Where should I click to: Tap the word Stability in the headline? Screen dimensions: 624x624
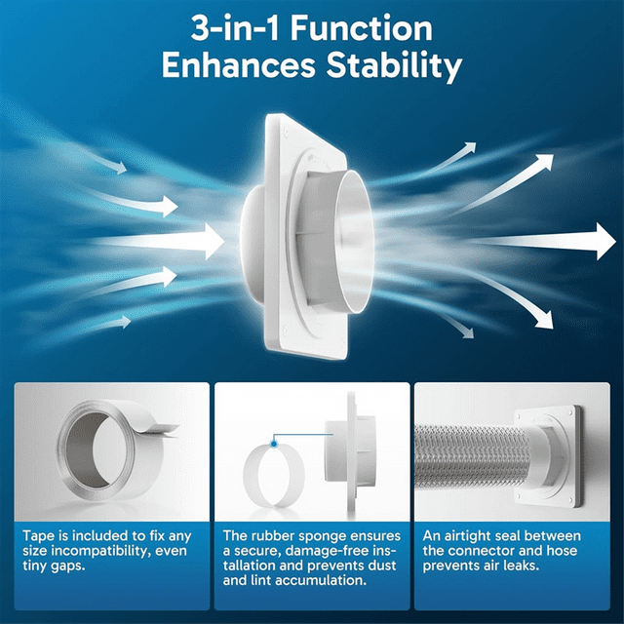pyautogui.click(x=391, y=68)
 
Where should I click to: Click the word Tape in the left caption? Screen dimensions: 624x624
pyautogui.click(x=40, y=536)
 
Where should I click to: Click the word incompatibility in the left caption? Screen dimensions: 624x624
pyautogui.click(x=93, y=552)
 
